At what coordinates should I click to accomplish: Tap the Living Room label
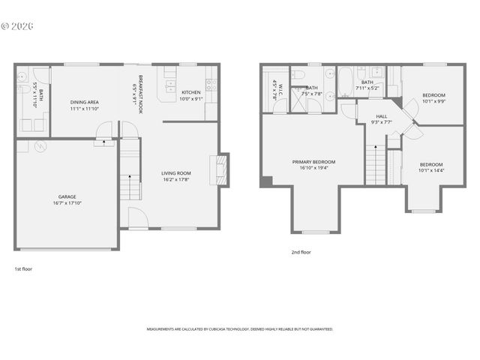click(x=176, y=173)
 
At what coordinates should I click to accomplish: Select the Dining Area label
click(x=85, y=102)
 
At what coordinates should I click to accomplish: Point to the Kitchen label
click(x=191, y=92)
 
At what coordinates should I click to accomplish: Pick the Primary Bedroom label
click(x=313, y=161)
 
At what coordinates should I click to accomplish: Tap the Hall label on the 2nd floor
click(x=381, y=116)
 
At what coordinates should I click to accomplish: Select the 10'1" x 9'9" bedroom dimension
click(x=433, y=102)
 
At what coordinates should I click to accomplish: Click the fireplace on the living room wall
click(x=220, y=170)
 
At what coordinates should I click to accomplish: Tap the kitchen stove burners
click(x=211, y=84)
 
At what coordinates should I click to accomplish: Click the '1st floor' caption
click(x=23, y=268)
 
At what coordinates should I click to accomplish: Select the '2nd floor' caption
click(x=301, y=253)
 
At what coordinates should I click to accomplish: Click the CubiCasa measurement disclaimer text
click(x=240, y=329)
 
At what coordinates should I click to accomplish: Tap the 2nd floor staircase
click(x=375, y=164)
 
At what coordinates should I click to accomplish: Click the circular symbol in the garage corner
click(x=40, y=145)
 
